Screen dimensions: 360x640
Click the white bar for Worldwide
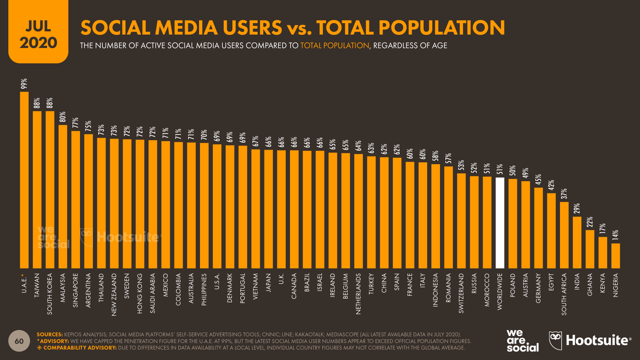point(500,222)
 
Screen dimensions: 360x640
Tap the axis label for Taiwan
point(37,285)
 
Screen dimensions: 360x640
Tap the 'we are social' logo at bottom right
point(521,340)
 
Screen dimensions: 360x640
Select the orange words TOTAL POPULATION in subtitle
point(334,46)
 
